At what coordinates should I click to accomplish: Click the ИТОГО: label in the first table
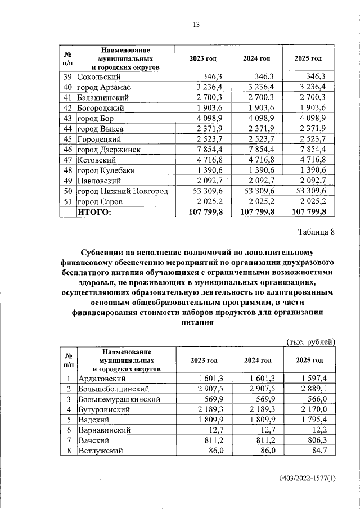(95, 212)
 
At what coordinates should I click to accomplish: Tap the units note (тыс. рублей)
(311, 341)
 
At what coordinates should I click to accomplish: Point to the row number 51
(67, 202)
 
